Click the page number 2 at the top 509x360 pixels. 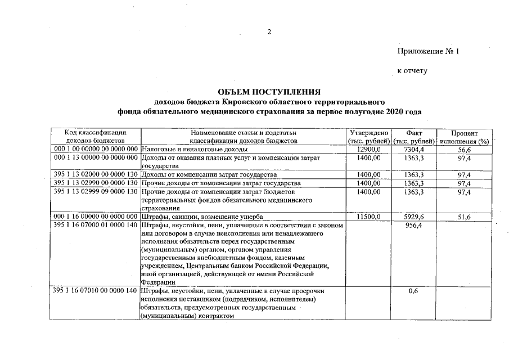coord(269,31)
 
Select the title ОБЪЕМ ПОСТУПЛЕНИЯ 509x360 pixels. coord(269,92)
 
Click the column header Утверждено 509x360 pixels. coord(369,132)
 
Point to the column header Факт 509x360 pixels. coord(414,132)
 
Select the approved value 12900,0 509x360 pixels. coord(370,149)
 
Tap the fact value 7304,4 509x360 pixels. coord(414,149)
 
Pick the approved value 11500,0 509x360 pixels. coord(370,217)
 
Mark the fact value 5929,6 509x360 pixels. coord(414,217)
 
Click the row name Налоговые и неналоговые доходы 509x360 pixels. coord(193,149)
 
